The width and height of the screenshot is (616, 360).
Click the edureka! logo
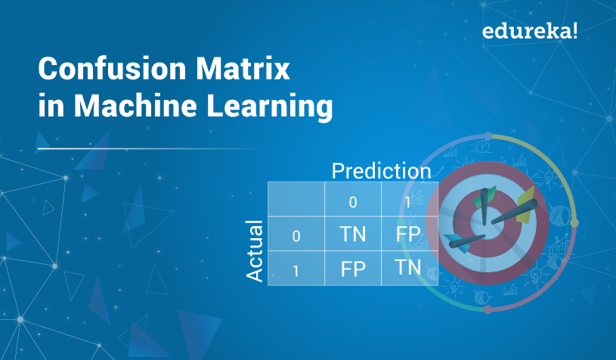tap(530, 31)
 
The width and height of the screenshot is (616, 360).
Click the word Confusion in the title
tap(112, 69)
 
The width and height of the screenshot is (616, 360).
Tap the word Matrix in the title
tap(243, 69)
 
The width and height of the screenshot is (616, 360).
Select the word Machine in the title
tap(135, 105)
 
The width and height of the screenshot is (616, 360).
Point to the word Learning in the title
tap(270, 106)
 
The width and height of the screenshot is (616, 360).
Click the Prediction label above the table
tap(382, 171)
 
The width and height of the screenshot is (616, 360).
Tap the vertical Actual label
tap(254, 251)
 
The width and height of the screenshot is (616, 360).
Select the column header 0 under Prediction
tap(353, 202)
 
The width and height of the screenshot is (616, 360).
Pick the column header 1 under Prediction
tap(408, 202)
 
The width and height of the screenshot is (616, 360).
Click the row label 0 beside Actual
tap(296, 236)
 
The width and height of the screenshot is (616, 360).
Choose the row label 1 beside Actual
tap(296, 271)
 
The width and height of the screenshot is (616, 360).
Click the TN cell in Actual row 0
tap(353, 234)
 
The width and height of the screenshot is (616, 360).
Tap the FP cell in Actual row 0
tap(408, 234)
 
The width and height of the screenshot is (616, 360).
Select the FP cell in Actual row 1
tap(353, 268)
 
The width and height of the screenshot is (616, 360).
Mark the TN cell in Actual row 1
tap(408, 267)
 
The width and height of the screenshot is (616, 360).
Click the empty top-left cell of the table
tap(296, 199)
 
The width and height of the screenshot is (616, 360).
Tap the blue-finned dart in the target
tap(464, 242)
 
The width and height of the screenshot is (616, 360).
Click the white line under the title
tap(150, 149)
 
